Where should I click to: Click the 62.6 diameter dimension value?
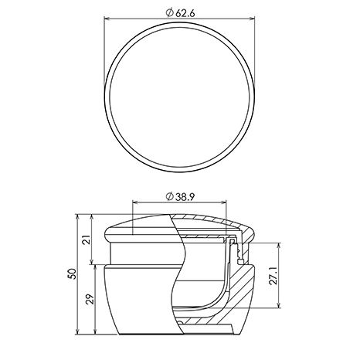click(x=185, y=13)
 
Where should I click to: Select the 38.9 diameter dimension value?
click(x=185, y=197)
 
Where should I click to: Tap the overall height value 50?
click(x=72, y=273)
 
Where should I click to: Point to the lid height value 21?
click(x=87, y=239)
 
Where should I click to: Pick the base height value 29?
click(x=90, y=299)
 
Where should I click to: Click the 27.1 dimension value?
click(x=273, y=276)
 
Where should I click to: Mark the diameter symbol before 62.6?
click(x=169, y=13)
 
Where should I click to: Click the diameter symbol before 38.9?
click(x=169, y=197)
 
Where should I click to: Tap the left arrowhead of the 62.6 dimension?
click(x=107, y=19)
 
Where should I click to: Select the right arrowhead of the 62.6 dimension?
click(x=252, y=19)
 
